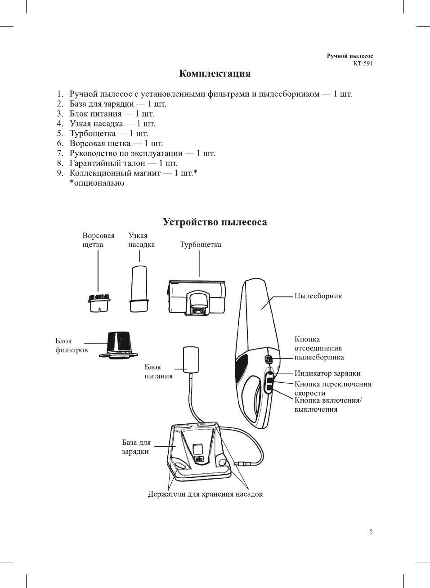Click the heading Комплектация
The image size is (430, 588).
pyautogui.click(x=215, y=74)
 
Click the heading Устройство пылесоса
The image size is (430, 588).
pyautogui.click(x=215, y=222)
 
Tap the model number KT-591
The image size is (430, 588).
pyautogui.click(x=363, y=63)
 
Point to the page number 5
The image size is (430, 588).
pyautogui.click(x=371, y=532)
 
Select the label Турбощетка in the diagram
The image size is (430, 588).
pyautogui.click(x=200, y=245)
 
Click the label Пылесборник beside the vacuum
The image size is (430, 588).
pyautogui.click(x=318, y=296)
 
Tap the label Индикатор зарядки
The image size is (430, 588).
pyautogui.click(x=327, y=373)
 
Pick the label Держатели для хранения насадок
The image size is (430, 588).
pyautogui.click(x=205, y=494)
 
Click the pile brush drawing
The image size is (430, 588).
pyautogui.click(x=99, y=303)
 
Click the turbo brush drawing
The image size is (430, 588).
pyautogui.click(x=196, y=297)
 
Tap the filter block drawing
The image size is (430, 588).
pyautogui.click(x=118, y=346)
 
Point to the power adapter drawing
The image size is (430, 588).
pyautogui.click(x=191, y=359)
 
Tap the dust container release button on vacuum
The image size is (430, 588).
pyautogui.click(x=269, y=360)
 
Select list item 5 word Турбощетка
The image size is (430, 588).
pyautogui.click(x=92, y=134)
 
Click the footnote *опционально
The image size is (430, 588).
pyautogui.click(x=97, y=183)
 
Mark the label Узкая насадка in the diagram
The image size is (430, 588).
pyautogui.click(x=141, y=240)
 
